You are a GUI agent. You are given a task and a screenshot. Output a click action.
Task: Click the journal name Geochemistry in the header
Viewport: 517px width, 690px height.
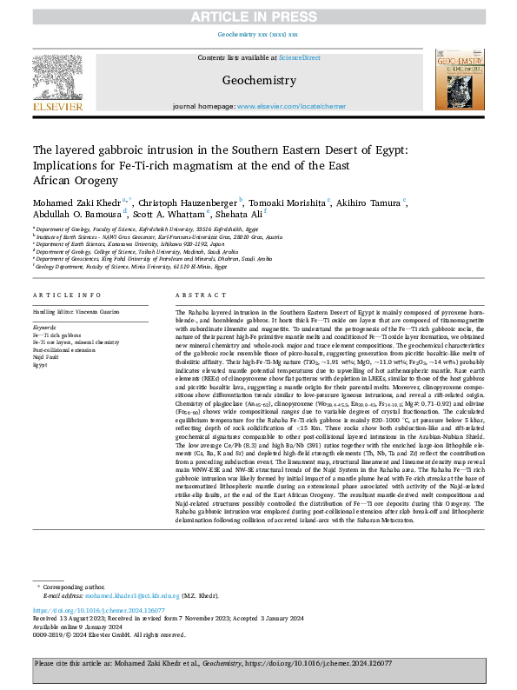(258, 80)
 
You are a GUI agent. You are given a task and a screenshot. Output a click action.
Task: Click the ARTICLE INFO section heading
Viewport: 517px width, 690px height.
(65, 295)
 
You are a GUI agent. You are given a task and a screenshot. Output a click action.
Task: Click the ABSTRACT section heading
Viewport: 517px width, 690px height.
(195, 295)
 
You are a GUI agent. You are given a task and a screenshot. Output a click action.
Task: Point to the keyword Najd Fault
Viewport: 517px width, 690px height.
(47, 356)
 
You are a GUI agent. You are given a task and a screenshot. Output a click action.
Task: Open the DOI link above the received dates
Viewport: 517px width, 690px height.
(97, 611)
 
